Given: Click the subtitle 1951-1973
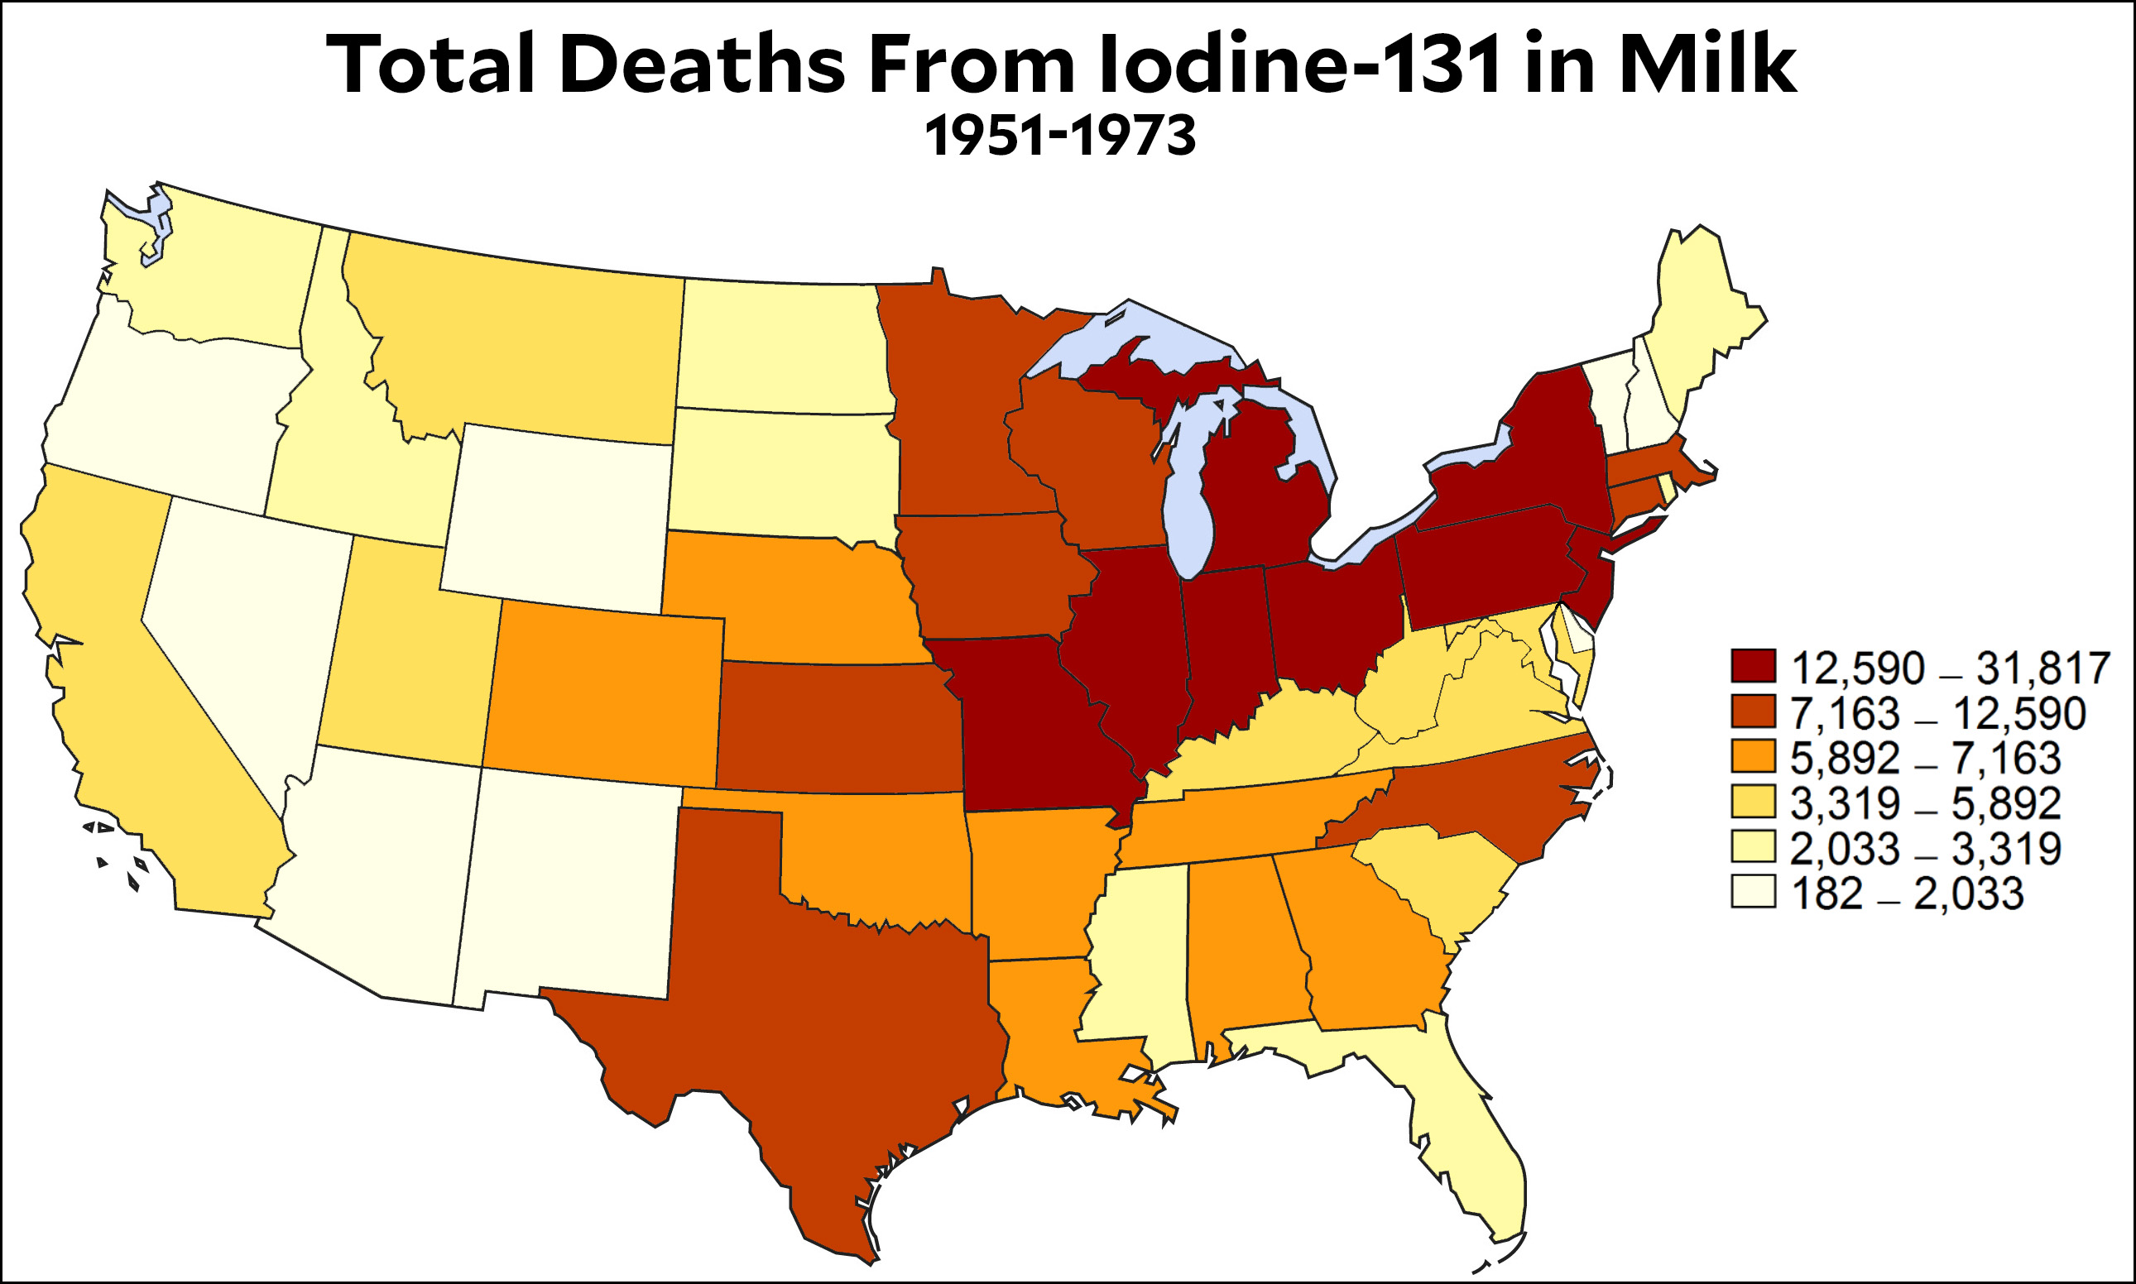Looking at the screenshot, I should (x=1060, y=137).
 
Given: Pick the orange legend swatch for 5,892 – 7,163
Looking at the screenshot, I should (x=1753, y=757).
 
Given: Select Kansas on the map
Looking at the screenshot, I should (x=839, y=726).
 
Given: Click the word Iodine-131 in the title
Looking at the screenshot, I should (x=1298, y=65).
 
